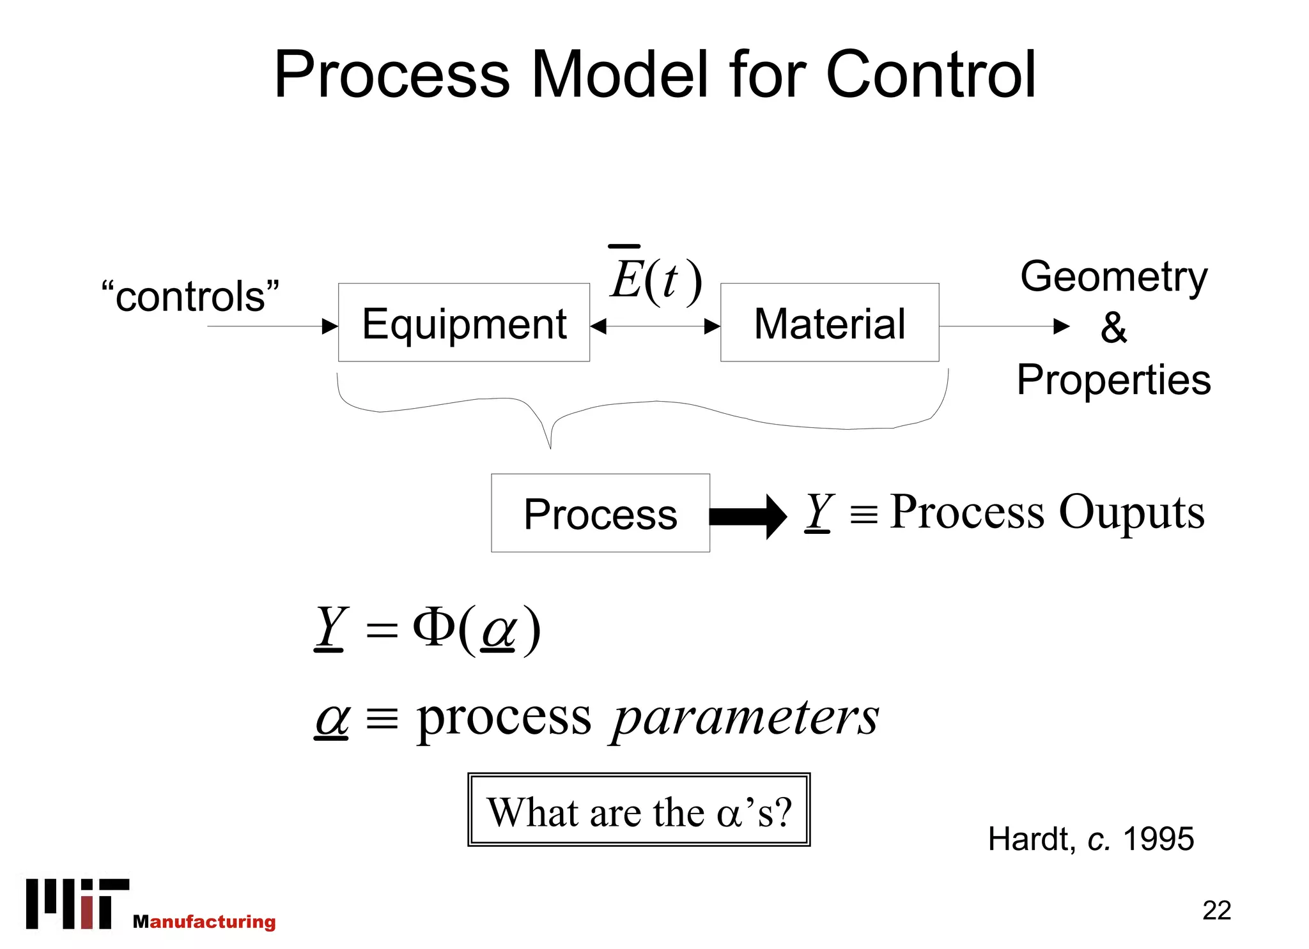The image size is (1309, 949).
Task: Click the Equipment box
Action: click(463, 323)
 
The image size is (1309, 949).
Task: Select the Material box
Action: click(829, 323)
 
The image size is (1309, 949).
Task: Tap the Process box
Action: click(600, 513)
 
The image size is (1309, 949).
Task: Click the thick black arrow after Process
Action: click(748, 516)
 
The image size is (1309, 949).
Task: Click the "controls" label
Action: click(190, 296)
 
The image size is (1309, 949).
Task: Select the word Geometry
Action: click(1113, 277)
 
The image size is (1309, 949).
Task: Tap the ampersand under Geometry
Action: click(1113, 328)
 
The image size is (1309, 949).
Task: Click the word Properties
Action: click(1113, 379)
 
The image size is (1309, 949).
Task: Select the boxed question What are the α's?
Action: click(639, 810)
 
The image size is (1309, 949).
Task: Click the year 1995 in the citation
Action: click(1158, 839)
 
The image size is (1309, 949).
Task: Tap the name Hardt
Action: click(1029, 839)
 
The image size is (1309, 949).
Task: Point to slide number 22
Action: click(1216, 910)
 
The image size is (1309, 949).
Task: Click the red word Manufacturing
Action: click(205, 921)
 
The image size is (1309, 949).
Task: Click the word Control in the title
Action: click(930, 75)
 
